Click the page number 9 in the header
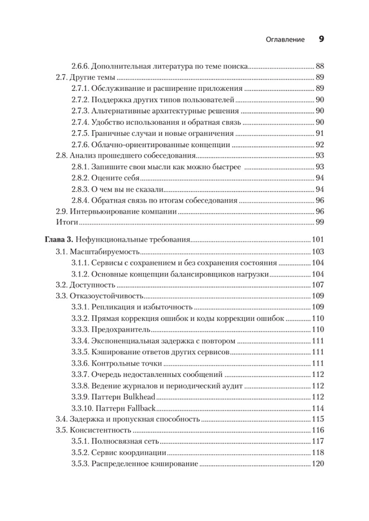coord(321,39)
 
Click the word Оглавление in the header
coord(285,39)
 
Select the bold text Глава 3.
coord(59,240)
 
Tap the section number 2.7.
coord(62,77)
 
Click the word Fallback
coord(141,408)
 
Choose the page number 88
coord(320,66)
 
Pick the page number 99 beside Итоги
coord(320,222)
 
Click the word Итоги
coord(67,222)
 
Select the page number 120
coord(318,463)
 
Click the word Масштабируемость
coord(104,252)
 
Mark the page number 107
coord(318,285)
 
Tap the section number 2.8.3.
coord(79,190)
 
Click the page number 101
coord(318,240)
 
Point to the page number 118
coord(318,452)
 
